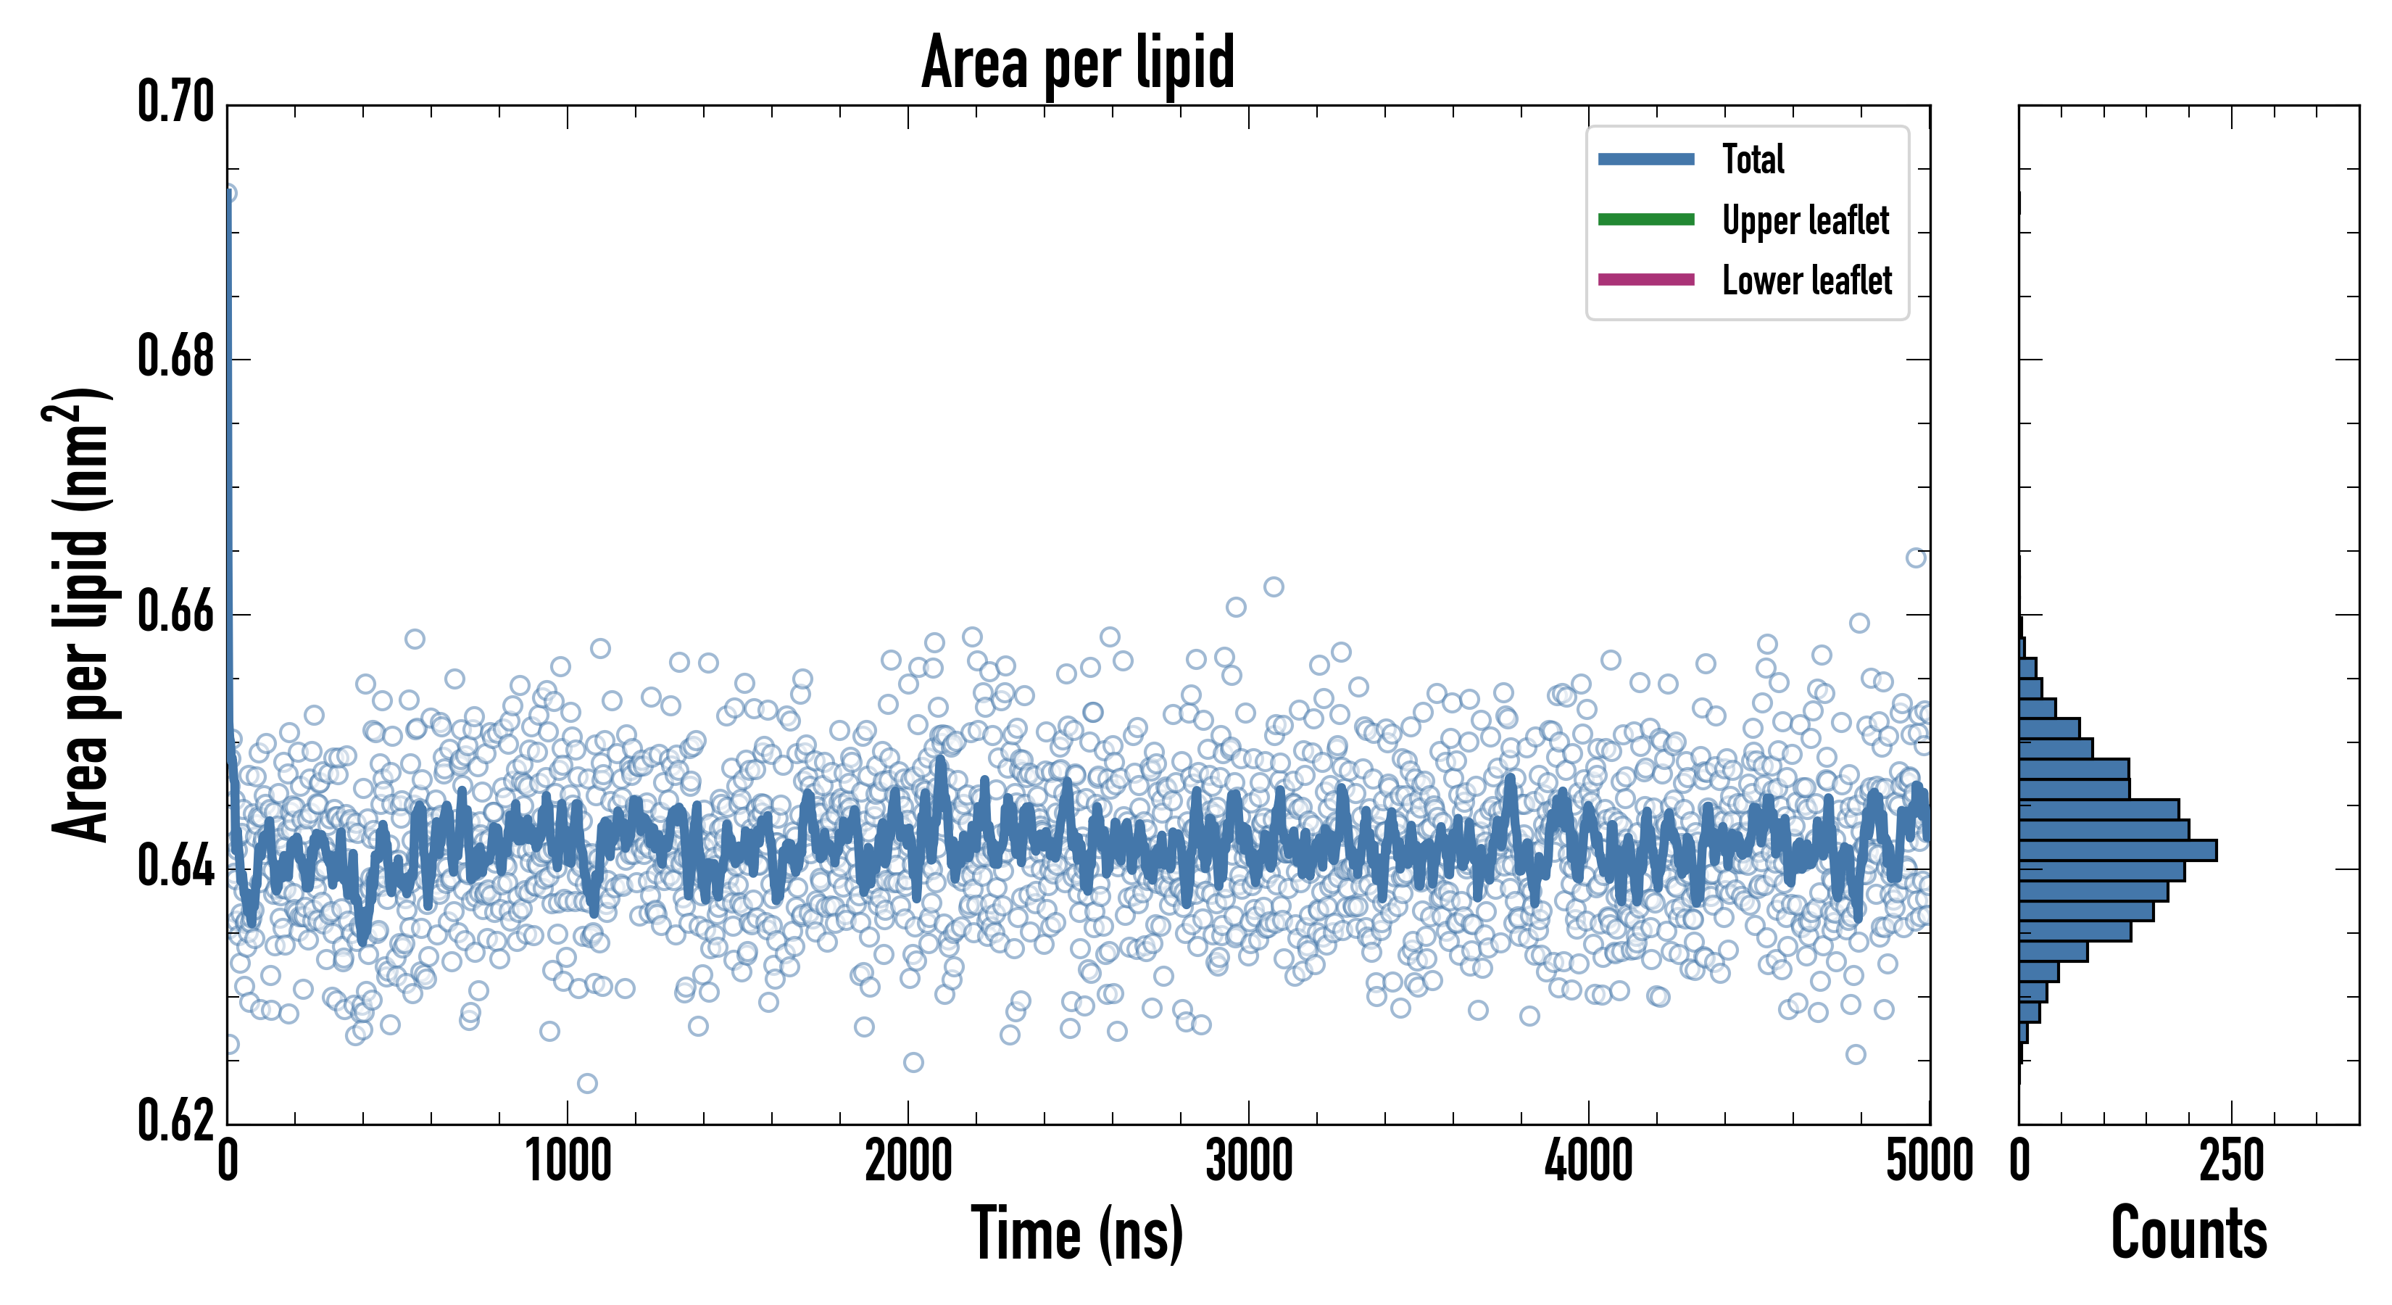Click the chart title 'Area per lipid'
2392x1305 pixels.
click(x=1077, y=62)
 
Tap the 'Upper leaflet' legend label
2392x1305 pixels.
click(x=1804, y=220)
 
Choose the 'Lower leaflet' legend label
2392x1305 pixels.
click(x=1806, y=280)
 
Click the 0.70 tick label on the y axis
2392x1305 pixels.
click(x=175, y=102)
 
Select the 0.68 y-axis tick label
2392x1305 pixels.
click(x=175, y=357)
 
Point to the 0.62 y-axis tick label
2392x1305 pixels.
click(x=175, y=1121)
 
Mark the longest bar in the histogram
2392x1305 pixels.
click(x=2117, y=850)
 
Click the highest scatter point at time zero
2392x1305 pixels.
click(x=228, y=193)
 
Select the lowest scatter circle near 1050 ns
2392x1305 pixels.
click(x=587, y=1083)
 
